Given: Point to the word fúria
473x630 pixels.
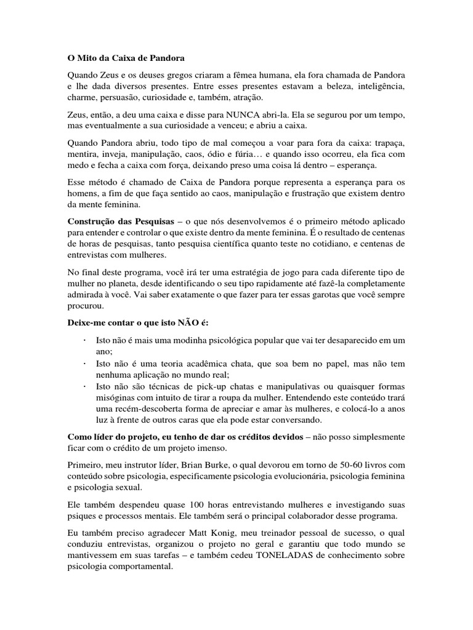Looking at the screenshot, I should coord(252,154).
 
